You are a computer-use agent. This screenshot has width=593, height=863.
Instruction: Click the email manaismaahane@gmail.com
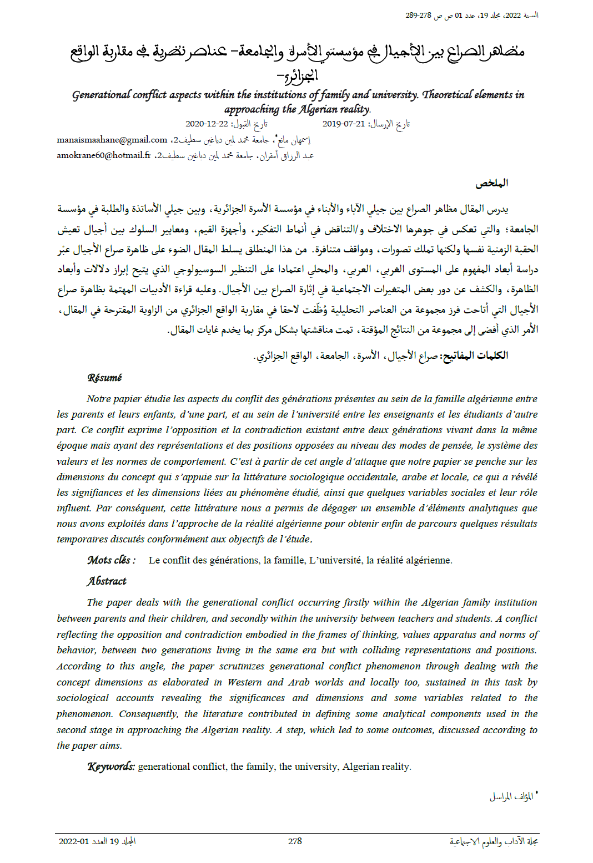click(112, 140)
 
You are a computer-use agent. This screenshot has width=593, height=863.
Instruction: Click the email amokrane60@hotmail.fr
click(103, 155)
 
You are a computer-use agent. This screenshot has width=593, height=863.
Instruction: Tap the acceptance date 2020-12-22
click(207, 124)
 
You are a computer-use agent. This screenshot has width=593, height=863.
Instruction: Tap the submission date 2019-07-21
click(344, 124)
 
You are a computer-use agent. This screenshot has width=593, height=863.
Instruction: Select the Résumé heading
click(104, 378)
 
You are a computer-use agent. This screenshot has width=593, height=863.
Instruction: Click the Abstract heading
click(107, 581)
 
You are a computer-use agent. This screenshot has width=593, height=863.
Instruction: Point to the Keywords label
click(111, 766)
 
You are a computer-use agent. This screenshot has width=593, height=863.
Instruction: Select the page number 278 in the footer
click(295, 841)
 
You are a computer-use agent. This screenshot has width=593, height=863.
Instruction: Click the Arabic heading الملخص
click(492, 183)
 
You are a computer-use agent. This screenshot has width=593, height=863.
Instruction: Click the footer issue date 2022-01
click(74, 841)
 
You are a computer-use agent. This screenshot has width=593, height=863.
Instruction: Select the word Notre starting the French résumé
click(99, 399)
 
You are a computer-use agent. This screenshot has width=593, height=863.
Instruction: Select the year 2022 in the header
click(513, 16)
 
